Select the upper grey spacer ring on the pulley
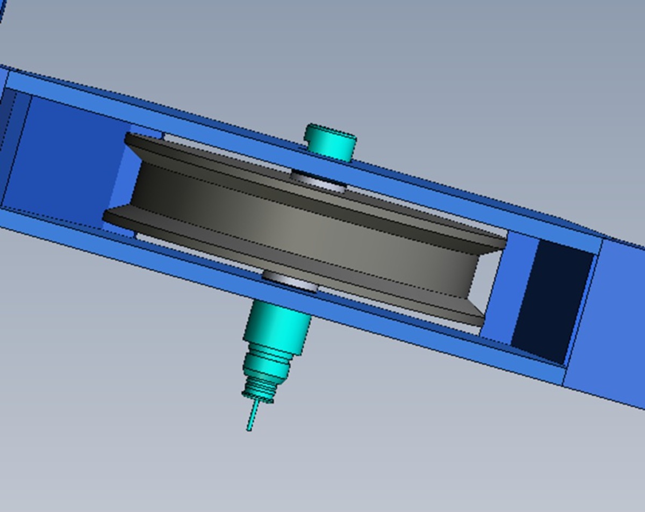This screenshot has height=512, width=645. coord(318,180)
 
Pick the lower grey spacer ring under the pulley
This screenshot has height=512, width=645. coord(290,281)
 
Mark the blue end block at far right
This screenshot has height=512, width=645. coord(607,322)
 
